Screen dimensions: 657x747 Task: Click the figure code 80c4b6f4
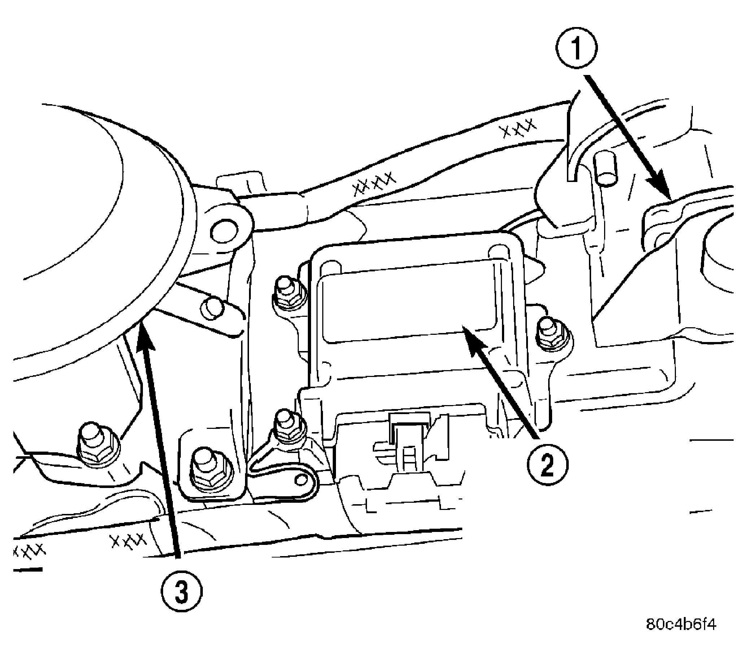(681, 624)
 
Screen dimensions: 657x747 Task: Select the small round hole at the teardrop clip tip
(301, 479)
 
